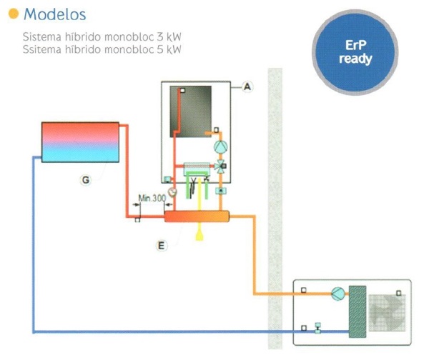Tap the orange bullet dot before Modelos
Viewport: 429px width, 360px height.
(14, 14)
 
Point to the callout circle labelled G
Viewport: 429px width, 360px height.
(85, 181)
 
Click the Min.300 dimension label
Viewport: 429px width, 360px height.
(149, 197)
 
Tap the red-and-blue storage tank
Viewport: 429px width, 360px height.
(80, 142)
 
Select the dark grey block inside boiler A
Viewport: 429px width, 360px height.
(190, 111)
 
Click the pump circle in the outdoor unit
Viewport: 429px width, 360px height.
(337, 294)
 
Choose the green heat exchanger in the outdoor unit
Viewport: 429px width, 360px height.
(357, 311)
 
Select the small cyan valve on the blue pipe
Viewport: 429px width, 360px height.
(317, 330)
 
